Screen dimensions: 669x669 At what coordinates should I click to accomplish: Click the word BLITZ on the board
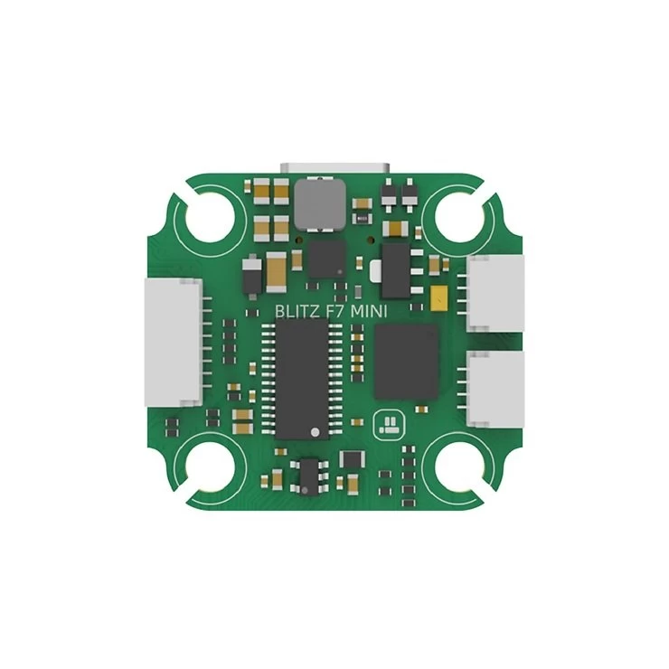(297, 312)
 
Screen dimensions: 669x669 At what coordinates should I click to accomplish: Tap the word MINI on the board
(369, 312)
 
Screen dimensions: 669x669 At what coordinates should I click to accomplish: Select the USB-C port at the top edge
(334, 168)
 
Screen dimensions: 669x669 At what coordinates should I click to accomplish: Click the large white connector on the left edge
(174, 342)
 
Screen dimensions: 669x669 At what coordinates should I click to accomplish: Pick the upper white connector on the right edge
(495, 294)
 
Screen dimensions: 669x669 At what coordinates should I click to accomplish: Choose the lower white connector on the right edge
(495, 389)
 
